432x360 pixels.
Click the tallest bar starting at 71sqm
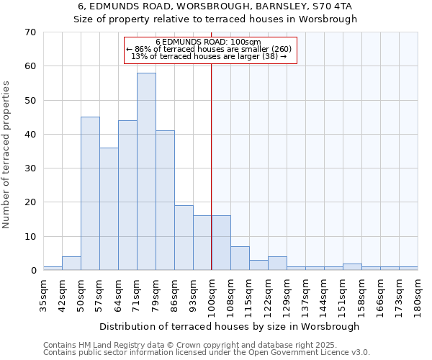(x=146, y=171)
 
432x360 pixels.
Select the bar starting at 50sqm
(x=90, y=194)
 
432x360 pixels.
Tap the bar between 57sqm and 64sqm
(x=109, y=209)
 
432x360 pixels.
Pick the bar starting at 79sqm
(x=165, y=200)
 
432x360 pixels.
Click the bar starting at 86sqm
(x=184, y=238)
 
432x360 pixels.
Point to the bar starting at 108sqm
(x=240, y=258)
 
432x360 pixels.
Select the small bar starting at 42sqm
(x=71, y=264)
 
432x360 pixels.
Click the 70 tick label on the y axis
(x=30, y=32)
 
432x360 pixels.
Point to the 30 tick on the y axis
(x=30, y=168)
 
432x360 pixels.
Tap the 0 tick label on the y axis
(x=32, y=271)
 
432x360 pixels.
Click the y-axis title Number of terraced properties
(x=7, y=155)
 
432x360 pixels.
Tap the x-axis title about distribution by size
(x=229, y=326)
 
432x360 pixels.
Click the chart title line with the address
(x=215, y=6)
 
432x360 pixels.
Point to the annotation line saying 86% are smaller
(x=209, y=49)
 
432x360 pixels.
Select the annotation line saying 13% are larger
(x=209, y=56)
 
